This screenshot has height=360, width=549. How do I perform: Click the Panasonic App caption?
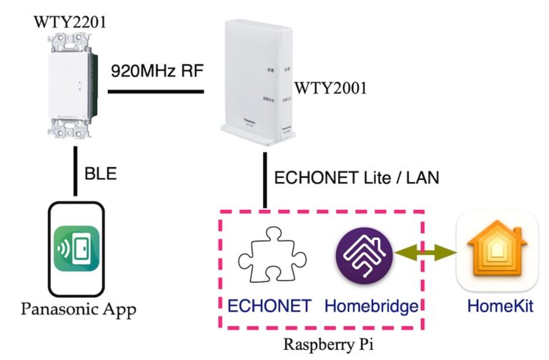click(x=78, y=309)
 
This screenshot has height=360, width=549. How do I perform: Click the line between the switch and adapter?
click(x=155, y=91)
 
